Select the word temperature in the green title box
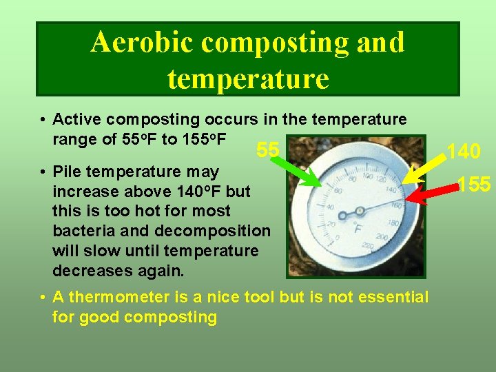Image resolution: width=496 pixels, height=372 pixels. (x=247, y=79)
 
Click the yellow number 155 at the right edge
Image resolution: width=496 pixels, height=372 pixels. (x=473, y=185)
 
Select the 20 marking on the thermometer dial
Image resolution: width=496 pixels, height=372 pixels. (x=333, y=223)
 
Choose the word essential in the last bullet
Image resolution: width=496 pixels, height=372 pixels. (x=393, y=298)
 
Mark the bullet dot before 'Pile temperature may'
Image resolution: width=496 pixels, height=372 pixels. (x=43, y=172)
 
